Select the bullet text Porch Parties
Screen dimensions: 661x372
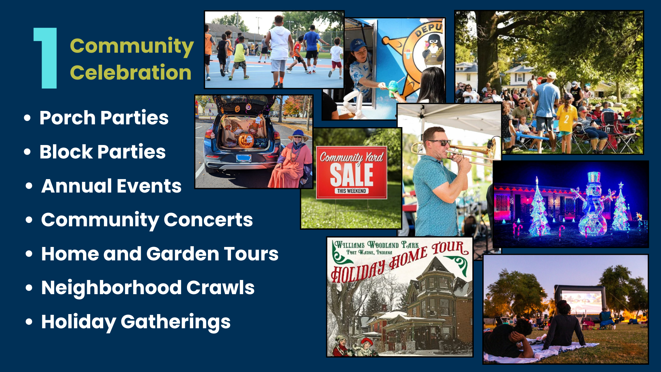pyautogui.click(x=104, y=118)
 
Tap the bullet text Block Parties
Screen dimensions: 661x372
pyautogui.click(x=103, y=152)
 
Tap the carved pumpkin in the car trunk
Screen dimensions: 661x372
pyautogui.click(x=245, y=141)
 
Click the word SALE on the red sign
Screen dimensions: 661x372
pyautogui.click(x=352, y=175)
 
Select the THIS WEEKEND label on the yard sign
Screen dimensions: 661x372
pyautogui.click(x=352, y=191)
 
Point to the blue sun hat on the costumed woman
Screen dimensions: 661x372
pyautogui.click(x=298, y=135)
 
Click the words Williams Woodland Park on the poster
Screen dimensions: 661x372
pyautogui.click(x=377, y=245)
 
